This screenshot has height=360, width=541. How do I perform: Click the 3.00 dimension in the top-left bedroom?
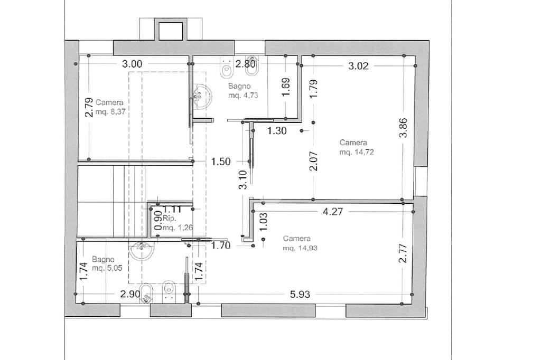coord(132,64)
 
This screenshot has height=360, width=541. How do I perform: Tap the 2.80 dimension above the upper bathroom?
coord(245,64)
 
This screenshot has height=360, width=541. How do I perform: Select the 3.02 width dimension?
coord(359,66)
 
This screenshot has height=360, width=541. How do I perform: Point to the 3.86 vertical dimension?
coord(403,128)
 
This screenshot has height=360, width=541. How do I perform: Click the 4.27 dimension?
coord(333,211)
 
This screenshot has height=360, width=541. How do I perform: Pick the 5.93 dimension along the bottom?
coord(300,295)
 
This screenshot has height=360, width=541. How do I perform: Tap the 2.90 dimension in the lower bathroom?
coord(130,295)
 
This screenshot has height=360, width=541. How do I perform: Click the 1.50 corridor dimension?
coord(221,162)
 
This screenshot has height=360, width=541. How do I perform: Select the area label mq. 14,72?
coord(357,152)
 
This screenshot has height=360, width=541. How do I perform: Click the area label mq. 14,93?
coord(300,248)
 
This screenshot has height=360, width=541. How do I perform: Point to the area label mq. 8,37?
coord(110,112)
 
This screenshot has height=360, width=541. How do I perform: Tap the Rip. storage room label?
coord(170,219)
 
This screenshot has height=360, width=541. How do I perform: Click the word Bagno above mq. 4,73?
coord(239,86)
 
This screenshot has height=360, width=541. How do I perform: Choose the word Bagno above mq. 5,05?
coord(103,259)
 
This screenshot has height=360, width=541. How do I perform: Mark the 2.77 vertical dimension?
coord(403,253)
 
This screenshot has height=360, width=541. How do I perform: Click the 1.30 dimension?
coord(277,131)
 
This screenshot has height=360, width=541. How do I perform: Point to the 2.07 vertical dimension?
coord(314,162)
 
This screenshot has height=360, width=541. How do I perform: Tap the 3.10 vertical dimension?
coord(243,179)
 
